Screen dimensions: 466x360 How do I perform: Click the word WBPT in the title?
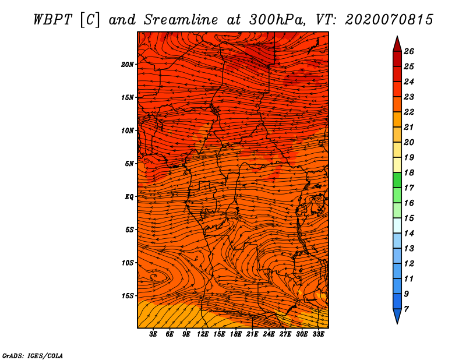click(x=52, y=20)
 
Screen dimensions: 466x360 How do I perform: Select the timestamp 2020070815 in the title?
click(x=389, y=20)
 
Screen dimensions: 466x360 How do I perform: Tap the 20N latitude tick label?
click(x=128, y=65)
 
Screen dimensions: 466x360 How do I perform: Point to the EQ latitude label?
click(x=129, y=197)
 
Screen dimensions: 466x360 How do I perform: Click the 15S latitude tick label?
click(x=128, y=296)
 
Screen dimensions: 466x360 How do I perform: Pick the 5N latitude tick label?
click(x=129, y=164)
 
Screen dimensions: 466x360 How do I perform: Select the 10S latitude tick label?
click(x=128, y=263)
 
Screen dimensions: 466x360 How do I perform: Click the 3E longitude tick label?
click(x=153, y=334)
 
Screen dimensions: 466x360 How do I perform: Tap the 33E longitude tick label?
click(x=318, y=334)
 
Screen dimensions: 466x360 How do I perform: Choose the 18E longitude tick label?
click(x=236, y=334)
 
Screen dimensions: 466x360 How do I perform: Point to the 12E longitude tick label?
click(x=203, y=334)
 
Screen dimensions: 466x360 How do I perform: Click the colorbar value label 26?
click(x=409, y=51)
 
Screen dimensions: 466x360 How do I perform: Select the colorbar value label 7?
click(x=406, y=309)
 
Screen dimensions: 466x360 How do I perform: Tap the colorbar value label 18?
click(x=409, y=172)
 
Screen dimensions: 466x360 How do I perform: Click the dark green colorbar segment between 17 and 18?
click(x=397, y=180)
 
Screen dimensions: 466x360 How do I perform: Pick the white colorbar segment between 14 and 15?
click(x=397, y=225)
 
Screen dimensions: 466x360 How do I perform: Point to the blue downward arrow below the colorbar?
click(x=397, y=316)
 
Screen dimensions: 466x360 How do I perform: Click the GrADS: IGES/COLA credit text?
click(x=33, y=356)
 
